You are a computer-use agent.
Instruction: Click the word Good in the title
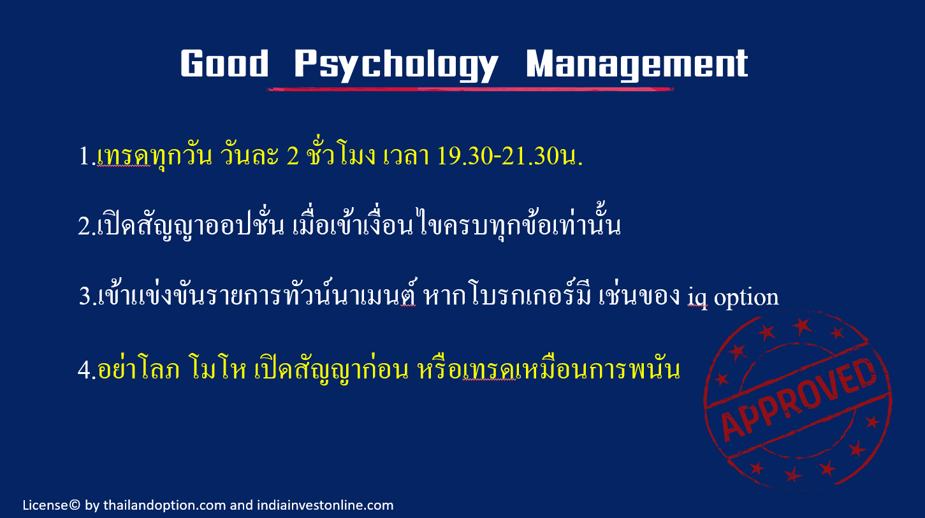[x=224, y=63]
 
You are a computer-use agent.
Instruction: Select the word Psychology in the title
[x=397, y=65]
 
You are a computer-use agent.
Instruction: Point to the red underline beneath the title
[x=470, y=89]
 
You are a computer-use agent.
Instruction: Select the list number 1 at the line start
[x=84, y=156]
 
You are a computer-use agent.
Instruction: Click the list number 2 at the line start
[x=84, y=226]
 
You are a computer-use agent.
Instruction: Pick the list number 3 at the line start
[x=85, y=296]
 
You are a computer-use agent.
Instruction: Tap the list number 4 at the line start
[x=84, y=370]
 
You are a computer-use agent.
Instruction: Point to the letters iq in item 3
[x=697, y=298]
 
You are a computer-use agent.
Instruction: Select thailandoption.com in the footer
[x=164, y=505]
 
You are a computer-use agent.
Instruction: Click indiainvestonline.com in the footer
[x=325, y=505]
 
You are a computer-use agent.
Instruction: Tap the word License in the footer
[x=45, y=505]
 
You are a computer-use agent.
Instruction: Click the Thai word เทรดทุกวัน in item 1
[x=155, y=157]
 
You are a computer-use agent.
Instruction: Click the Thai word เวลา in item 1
[x=406, y=157]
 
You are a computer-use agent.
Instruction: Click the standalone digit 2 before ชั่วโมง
[x=293, y=156]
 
